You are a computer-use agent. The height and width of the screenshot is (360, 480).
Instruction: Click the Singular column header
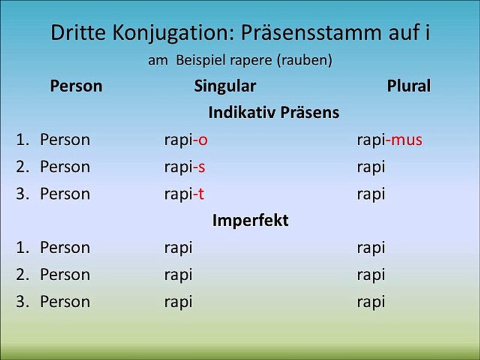pos(224,86)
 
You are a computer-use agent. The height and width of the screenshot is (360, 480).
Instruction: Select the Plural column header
pos(408,86)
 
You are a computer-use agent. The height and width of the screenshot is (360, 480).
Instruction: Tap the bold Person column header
pos(76,86)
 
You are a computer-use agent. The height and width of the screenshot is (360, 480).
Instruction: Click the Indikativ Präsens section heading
pos(273,112)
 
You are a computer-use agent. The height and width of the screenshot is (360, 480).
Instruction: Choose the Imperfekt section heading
pos(250,220)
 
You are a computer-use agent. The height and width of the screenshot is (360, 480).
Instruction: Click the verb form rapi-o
pos(185,140)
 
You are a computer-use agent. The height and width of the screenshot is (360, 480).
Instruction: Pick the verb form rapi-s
pos(184,167)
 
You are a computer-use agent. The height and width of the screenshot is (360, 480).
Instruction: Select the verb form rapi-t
pos(184,194)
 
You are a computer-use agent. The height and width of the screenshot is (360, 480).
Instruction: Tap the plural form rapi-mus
pos(389,140)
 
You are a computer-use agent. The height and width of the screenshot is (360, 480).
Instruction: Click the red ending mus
pos(406,140)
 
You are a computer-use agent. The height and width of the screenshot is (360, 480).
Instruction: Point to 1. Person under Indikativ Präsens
pos(53,140)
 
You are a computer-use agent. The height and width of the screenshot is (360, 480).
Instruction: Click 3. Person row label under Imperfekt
pos(53,302)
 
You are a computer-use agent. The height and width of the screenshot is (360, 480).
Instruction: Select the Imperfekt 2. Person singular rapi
pos(178,275)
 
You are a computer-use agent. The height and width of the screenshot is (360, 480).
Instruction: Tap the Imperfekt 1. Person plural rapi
pos(371,248)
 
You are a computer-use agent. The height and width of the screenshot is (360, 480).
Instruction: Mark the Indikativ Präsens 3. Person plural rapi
pos(371,194)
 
